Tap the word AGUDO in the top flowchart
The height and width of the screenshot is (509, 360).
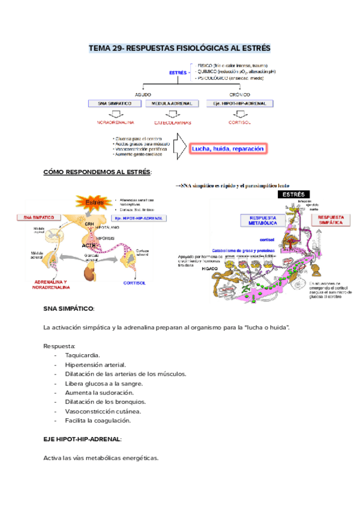pos(143,95)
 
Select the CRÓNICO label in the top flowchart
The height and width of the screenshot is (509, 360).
pos(239,95)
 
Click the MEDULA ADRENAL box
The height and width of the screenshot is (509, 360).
pos(173,104)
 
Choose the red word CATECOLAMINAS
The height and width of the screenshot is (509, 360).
pos(173,122)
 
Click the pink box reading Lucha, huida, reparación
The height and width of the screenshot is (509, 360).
pos(227,149)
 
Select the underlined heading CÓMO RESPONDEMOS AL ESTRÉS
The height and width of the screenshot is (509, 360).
pos(97,172)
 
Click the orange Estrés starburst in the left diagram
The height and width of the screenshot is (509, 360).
pos(94,202)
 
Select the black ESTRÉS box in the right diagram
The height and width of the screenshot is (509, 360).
pos(292,194)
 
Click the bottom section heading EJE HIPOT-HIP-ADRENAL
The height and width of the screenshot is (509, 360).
pos(82,439)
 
